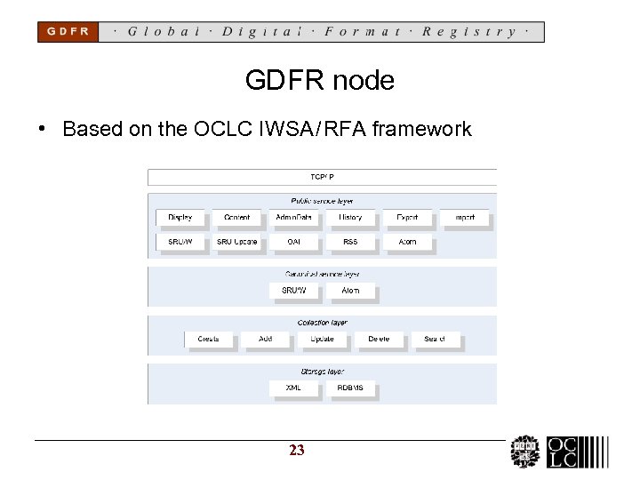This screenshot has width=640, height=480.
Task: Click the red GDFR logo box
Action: pos(68,31)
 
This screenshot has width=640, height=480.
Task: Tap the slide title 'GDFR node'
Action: pos(319,81)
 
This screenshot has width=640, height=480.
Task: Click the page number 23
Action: pos(297,451)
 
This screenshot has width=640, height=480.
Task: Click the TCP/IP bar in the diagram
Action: pos(322,177)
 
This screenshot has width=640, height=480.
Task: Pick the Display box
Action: pos(180,218)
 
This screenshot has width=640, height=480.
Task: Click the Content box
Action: pos(237,218)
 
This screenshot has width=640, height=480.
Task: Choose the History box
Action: pos(350,218)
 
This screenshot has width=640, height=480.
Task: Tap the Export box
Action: pos(407,218)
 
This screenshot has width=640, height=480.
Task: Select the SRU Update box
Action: pos(237,242)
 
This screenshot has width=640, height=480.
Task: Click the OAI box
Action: pos(293,242)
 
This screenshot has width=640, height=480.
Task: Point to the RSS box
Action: pos(350,242)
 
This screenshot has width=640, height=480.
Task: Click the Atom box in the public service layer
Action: pos(407,242)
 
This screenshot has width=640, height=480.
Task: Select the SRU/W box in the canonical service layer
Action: pos(294,291)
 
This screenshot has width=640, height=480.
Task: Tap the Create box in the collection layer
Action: pos(209,339)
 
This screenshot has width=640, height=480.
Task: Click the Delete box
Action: pos(379,339)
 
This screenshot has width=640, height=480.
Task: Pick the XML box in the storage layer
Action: pos(293,388)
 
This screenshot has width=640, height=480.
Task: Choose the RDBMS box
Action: pos(350,388)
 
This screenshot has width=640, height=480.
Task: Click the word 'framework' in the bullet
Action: pos(422,130)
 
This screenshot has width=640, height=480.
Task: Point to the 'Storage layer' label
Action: pos(322,372)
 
